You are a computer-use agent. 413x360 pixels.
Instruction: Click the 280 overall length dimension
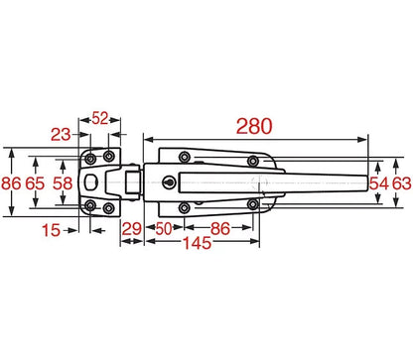(254, 126)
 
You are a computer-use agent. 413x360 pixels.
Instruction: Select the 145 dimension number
(198, 243)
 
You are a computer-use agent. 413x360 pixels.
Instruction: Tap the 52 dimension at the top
(100, 118)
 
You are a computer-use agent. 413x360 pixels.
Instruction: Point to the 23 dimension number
(61, 135)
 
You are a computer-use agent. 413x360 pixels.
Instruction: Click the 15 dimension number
(52, 230)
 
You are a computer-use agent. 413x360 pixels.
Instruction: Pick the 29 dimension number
(132, 229)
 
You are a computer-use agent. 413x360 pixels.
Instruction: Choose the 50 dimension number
(164, 228)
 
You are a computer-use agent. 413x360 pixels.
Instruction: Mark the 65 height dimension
(35, 183)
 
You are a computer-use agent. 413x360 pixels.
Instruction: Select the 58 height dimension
(63, 183)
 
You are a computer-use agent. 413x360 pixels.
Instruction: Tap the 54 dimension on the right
(379, 183)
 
